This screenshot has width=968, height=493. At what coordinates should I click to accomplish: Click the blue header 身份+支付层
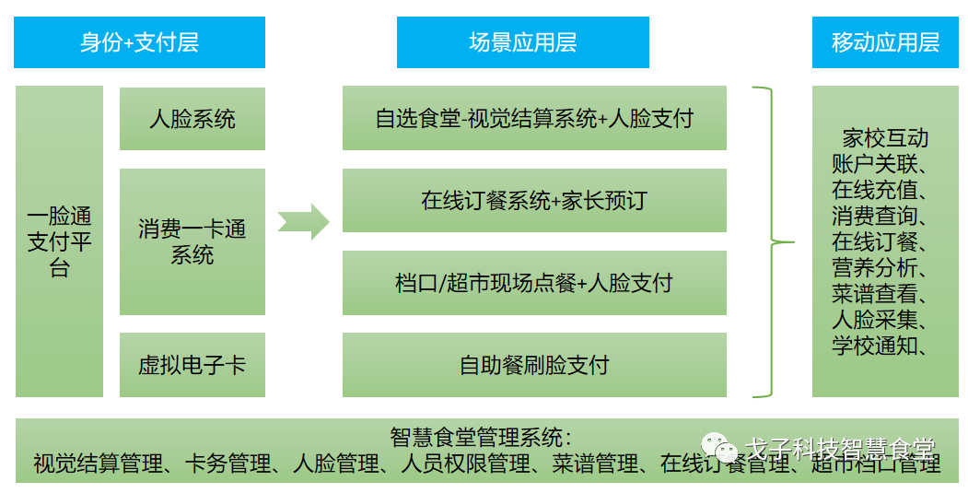tap(139, 42)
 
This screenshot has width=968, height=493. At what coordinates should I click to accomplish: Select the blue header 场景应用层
tap(522, 42)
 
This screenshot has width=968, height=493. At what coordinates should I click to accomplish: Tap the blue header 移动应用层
tap(885, 42)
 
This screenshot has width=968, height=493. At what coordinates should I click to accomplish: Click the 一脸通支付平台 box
tap(59, 241)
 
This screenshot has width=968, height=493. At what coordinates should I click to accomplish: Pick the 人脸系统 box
tap(192, 119)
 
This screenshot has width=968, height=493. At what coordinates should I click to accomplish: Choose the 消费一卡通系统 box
tap(192, 241)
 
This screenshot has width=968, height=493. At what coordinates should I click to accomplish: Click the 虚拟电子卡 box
tap(192, 365)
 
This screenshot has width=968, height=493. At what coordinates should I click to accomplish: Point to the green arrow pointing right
tap(304, 221)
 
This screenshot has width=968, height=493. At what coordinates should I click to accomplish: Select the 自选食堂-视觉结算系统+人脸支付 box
tap(534, 119)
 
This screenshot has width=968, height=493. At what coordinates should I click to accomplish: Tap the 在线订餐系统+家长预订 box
tap(534, 201)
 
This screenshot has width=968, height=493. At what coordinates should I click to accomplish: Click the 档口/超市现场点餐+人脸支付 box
tap(534, 283)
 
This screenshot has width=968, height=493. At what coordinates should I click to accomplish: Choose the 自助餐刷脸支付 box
tap(534, 365)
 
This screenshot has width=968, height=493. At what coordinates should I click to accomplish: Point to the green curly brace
tap(772, 242)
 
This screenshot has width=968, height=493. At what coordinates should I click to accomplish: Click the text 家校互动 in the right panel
tap(885, 139)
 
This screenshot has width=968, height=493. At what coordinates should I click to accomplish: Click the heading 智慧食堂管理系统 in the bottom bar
tap(480, 437)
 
